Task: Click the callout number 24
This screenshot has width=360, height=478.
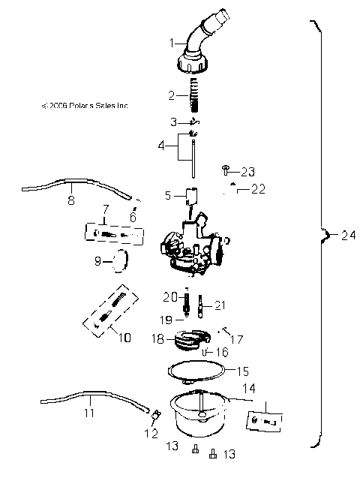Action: tap(345, 236)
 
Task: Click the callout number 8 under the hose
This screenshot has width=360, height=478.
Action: tap(71, 200)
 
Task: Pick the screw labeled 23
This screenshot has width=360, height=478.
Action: tap(225, 171)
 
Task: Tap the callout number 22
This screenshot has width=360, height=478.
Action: tap(258, 189)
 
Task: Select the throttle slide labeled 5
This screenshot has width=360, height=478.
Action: tap(191, 197)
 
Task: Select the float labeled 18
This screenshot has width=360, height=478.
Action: tap(191, 340)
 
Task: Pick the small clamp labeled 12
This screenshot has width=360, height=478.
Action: tap(156, 415)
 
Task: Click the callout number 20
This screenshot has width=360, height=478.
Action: tap(169, 295)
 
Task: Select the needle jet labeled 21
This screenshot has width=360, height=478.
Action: tap(201, 308)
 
